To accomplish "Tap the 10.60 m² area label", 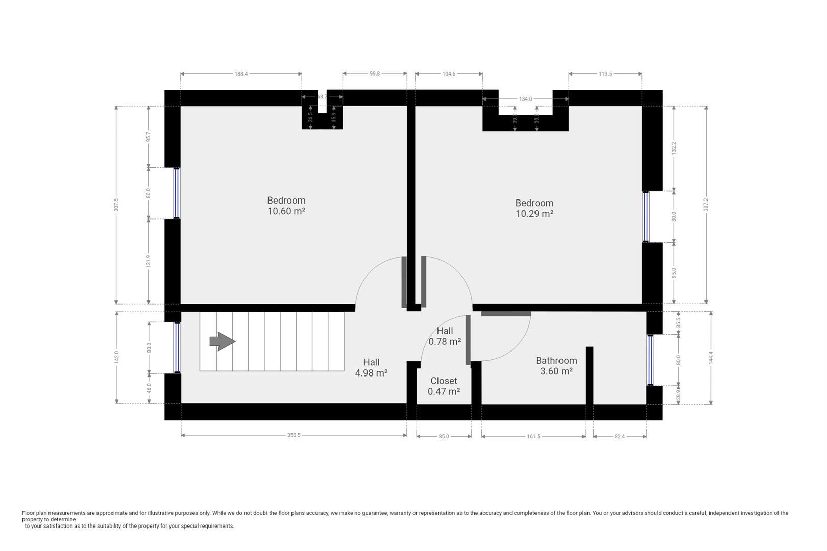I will [x=286, y=211].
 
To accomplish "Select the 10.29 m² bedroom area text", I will [x=534, y=214].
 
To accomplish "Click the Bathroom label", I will [x=556, y=361].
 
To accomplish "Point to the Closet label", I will [x=444, y=381].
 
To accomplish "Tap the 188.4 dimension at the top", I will [x=241, y=74].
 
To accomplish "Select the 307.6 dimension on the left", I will [x=116, y=205].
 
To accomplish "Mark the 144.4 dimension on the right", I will [x=710, y=357].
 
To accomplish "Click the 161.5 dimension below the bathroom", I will [x=533, y=437].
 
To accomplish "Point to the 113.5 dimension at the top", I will [x=605, y=74].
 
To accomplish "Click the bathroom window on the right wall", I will [x=650, y=360].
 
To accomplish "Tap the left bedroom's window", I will [x=177, y=193].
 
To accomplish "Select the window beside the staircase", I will [x=177, y=347].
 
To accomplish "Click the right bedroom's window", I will [x=646, y=216].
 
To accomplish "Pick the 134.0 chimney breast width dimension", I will [x=525, y=99].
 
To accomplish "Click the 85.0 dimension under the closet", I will [x=444, y=437].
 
